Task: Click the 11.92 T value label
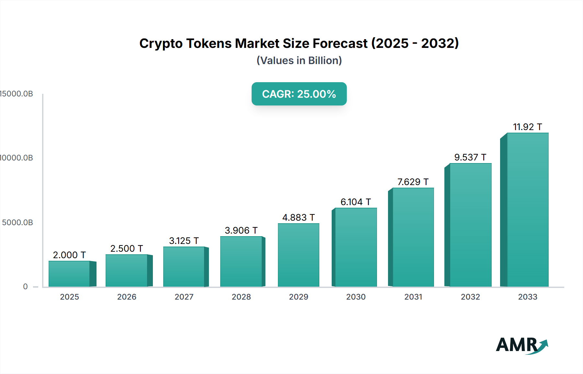[x=527, y=127]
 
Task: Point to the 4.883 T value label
[x=298, y=217]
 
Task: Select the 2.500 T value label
[x=126, y=248]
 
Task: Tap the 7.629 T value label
[x=413, y=182]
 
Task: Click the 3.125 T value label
[x=184, y=241]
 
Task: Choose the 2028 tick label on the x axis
[x=241, y=297]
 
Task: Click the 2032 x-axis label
[x=470, y=297]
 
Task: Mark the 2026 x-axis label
[x=127, y=297]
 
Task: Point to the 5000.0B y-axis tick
[x=17, y=223]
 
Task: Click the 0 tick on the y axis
[x=25, y=287]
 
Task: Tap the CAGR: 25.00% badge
[x=299, y=94]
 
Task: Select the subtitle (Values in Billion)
[x=299, y=60]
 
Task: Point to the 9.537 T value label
[x=470, y=157]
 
